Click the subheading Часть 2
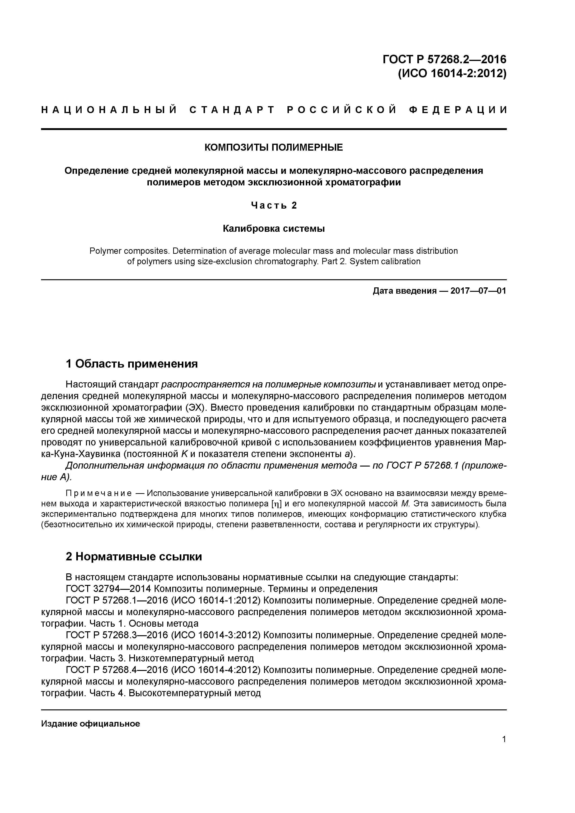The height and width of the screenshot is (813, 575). pyautogui.click(x=274, y=205)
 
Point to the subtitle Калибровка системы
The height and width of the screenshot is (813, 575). pyautogui.click(x=274, y=229)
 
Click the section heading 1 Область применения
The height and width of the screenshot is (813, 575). pyautogui.click(x=132, y=364)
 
